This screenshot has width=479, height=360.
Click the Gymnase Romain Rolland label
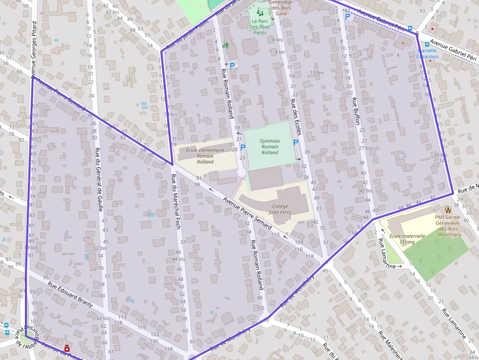point(269,147)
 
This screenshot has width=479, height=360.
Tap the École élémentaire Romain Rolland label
point(205,155)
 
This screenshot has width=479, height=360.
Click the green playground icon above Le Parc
point(259,12)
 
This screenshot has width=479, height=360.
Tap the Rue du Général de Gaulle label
point(99,179)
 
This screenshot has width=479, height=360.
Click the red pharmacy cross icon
point(67,348)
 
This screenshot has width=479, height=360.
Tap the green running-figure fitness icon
point(226,46)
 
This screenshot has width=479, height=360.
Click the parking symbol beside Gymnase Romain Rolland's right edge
point(295,143)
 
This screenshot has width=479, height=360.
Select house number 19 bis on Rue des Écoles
point(317,72)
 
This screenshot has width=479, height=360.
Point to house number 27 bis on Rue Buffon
point(366,148)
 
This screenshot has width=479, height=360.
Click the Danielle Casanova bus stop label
point(427,53)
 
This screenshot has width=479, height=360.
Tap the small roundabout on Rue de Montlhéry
point(266,321)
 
